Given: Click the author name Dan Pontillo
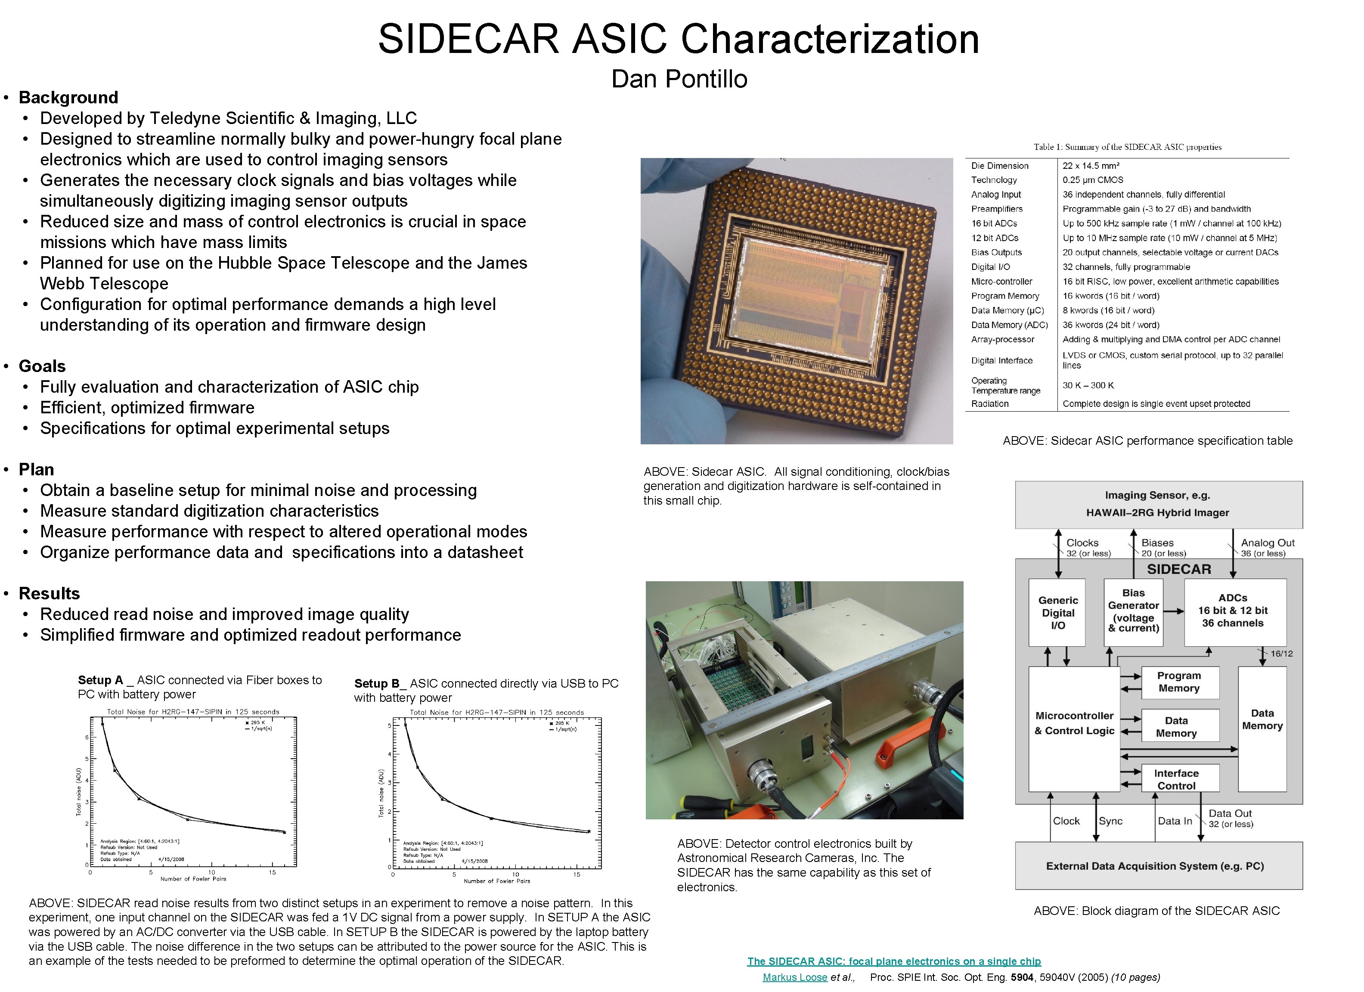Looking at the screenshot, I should point(679,79).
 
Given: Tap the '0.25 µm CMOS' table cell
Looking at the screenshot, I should point(1092,180).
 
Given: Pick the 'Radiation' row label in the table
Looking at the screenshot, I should point(989,404).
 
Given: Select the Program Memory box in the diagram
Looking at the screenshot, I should point(1179,682).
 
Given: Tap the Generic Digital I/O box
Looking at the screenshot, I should point(1057,612).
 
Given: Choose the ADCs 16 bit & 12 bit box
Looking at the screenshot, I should point(1232,611).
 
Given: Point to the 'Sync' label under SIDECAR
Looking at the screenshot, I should point(1110,821).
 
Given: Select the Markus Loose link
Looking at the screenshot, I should point(794,977).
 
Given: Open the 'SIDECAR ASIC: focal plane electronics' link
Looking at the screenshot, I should point(894,961).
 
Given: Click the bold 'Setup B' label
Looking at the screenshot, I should point(376,683).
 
